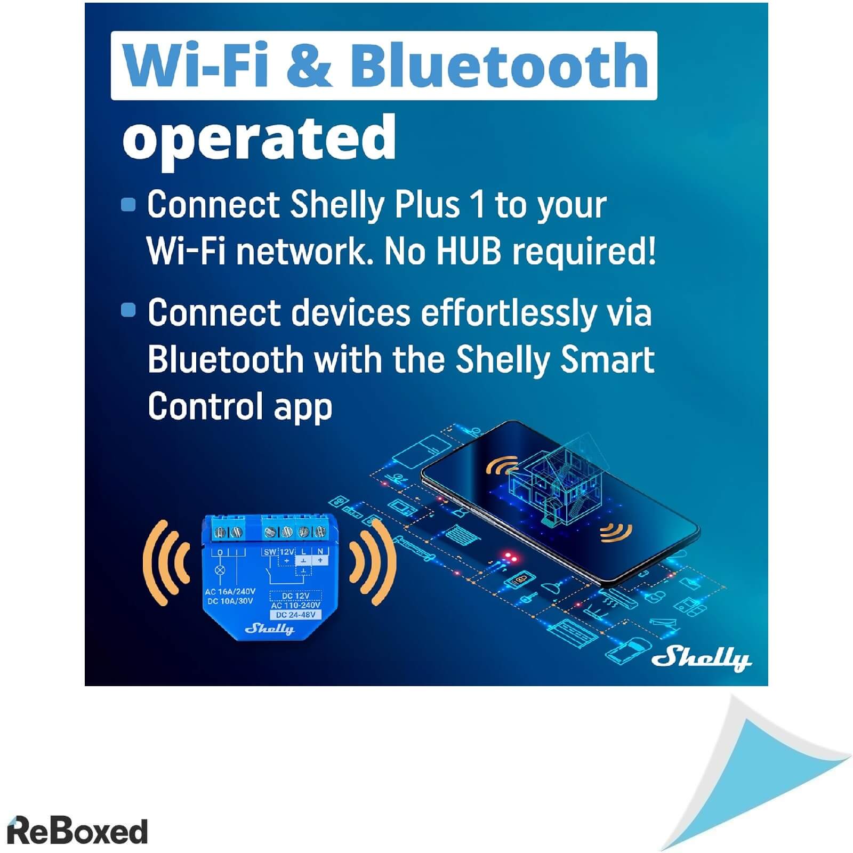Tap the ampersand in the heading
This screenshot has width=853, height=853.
coord(308,66)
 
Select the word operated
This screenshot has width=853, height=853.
coord(260,138)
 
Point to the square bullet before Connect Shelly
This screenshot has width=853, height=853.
coord(128,205)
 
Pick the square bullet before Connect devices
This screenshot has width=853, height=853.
coord(128,310)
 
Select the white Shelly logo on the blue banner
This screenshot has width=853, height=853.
coord(702,659)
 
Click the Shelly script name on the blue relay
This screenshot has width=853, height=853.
coord(269,629)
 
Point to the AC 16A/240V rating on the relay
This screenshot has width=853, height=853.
coord(230,592)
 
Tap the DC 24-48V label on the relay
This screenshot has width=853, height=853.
coord(296,615)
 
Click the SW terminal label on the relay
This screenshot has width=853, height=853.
coord(270,552)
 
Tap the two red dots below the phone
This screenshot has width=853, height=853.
coord(511,558)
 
